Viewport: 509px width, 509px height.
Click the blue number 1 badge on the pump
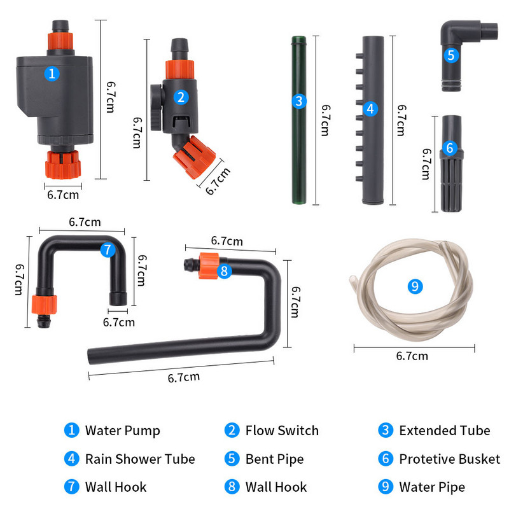[x=52, y=73]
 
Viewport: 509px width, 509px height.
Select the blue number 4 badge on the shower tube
[x=370, y=109]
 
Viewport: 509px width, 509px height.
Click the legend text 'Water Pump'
[x=122, y=431]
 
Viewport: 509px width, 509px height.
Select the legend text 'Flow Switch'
[x=282, y=431]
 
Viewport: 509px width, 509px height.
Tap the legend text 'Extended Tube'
[x=444, y=431]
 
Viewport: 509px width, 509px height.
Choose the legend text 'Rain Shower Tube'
[x=140, y=459]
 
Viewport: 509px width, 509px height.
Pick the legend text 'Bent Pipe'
[x=274, y=459]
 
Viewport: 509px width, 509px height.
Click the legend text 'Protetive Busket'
[x=449, y=459]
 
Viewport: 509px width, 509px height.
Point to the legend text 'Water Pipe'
[x=431, y=487]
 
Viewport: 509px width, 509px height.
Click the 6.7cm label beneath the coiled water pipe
[x=412, y=356]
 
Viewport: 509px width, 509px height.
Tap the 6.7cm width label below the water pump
[x=64, y=195]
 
